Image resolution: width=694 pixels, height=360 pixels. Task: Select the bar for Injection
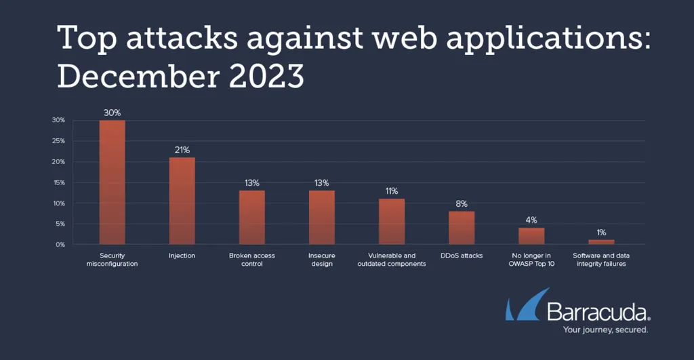182,201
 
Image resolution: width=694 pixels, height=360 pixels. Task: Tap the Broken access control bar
252,217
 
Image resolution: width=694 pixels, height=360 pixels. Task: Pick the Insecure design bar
322,217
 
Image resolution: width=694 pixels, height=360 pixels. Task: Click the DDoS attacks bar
462,227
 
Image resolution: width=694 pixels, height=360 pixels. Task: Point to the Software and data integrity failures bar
601,242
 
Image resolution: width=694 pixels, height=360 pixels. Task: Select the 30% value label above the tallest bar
113,113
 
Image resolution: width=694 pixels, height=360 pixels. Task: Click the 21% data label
182,150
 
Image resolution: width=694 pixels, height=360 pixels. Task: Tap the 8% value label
462,203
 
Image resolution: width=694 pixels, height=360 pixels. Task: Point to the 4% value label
531,220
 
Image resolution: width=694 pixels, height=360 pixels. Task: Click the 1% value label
601,233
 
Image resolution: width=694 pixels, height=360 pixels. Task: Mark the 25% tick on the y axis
59,141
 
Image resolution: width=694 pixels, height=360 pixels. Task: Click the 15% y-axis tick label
59,182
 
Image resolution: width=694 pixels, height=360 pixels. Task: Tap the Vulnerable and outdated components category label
392,260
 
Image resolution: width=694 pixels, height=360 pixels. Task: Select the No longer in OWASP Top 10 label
531,260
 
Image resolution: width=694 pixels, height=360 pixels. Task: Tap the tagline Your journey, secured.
605,330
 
